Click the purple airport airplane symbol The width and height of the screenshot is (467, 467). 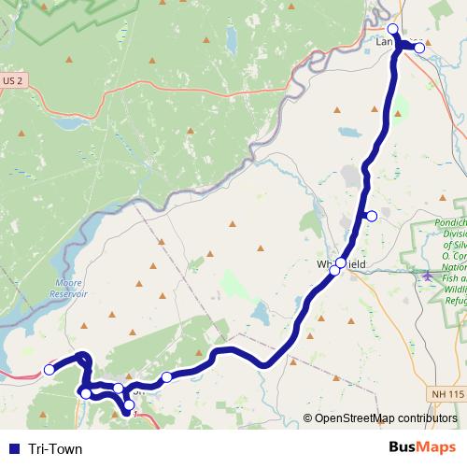tap(428, 276)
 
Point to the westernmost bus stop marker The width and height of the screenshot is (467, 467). tap(50, 370)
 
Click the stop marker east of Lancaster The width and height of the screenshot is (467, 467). tap(419, 47)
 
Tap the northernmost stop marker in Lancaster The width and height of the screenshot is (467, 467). tap(393, 29)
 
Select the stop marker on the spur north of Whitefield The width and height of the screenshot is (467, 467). tap(372, 217)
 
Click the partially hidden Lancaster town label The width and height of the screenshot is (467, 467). tap(384, 42)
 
